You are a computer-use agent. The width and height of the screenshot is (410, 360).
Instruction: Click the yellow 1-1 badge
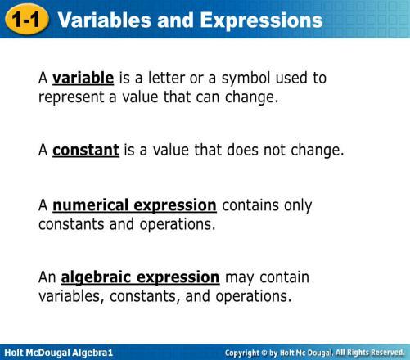27,20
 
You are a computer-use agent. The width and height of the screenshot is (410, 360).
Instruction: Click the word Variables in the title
105,20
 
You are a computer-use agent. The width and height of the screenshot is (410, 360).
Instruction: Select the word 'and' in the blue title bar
176,20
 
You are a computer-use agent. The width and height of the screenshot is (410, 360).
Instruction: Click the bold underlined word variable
83,78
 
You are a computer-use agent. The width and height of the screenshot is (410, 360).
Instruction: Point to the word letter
167,78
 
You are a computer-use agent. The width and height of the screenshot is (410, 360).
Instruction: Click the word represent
71,97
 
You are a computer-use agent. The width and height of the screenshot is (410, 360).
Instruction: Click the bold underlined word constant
86,151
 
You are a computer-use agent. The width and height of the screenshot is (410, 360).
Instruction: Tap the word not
274,151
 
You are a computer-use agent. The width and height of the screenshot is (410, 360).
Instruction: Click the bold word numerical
91,205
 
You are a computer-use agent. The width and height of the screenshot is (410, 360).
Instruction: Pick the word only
298,206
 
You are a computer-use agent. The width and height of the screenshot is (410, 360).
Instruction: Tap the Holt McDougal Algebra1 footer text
59,353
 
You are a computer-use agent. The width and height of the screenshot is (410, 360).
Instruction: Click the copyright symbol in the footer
264,353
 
